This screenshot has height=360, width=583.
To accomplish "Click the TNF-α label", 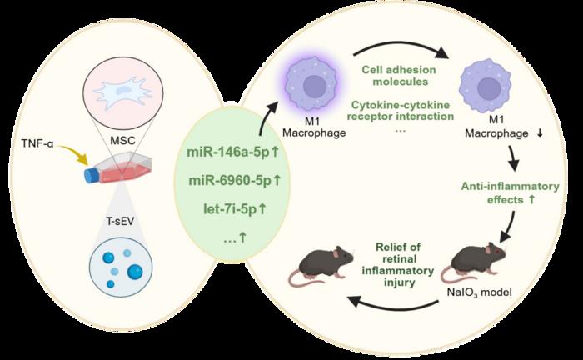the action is tap(37, 143).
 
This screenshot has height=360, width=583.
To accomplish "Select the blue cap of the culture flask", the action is tap(92, 176).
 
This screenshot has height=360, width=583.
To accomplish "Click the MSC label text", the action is tap(122, 141).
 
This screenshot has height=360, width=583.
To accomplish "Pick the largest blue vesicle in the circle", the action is tap(135, 272).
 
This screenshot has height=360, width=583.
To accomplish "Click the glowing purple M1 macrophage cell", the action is tap(314, 87).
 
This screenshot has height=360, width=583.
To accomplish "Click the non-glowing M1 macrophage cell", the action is tap(485, 87).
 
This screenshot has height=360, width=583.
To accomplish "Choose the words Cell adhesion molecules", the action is tap(399, 76).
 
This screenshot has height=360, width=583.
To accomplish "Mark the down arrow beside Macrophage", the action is tap(540, 133).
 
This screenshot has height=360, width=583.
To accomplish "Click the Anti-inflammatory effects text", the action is tap(510, 192).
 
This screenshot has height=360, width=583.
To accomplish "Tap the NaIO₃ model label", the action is tap(479, 292).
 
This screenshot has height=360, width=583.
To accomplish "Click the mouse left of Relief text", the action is tap(321, 266).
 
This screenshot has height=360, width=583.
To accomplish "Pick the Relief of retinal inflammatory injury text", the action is tap(398, 264).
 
